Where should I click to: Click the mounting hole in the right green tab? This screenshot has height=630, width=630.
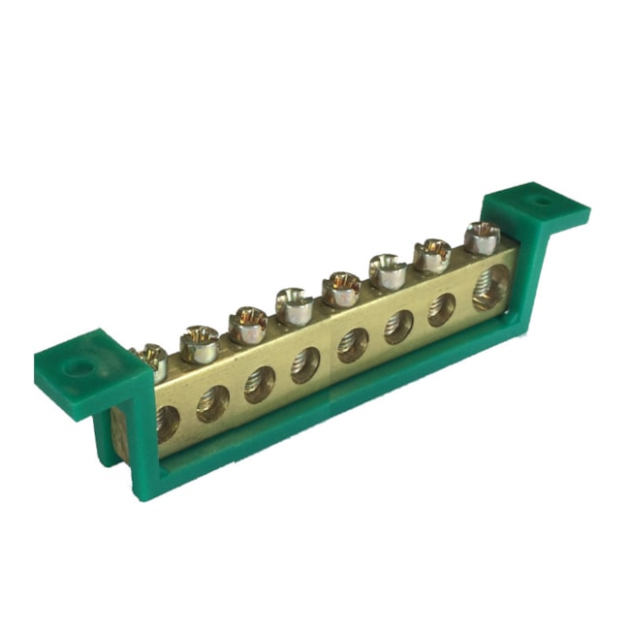539,205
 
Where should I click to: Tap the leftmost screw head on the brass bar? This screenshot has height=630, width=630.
152,359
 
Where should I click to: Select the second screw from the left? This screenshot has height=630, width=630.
200,343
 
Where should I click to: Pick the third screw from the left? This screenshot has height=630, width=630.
249,324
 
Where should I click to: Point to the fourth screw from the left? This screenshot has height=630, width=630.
295,305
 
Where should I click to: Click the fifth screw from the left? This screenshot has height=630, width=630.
342,289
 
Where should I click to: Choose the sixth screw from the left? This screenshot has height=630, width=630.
389,270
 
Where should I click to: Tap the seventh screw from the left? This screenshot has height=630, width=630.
433,255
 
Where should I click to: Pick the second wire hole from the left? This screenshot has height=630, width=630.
213,402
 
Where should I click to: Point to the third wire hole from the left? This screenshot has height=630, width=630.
260,383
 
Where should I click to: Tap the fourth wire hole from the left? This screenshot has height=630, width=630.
307,363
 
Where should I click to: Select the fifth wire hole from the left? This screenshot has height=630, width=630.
353,345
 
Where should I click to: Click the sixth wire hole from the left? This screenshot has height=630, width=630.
398,327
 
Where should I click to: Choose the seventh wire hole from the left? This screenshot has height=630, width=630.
442,309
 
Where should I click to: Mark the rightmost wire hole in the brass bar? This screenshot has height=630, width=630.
489,288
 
